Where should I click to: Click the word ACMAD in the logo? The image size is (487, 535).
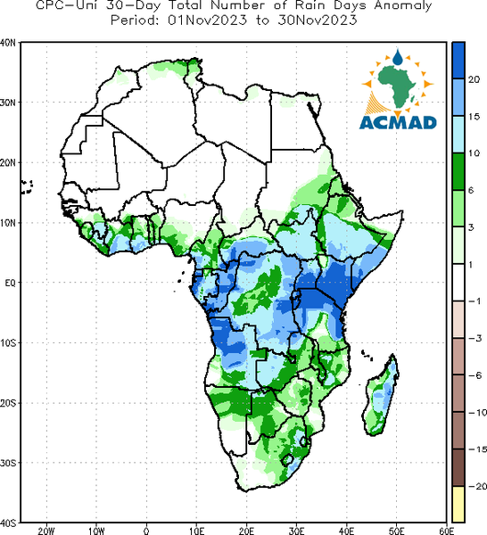398,122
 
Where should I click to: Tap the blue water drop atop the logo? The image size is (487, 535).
398,58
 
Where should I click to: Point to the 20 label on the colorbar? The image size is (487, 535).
474,80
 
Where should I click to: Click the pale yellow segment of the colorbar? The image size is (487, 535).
458,504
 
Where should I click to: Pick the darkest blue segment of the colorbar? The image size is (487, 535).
458,61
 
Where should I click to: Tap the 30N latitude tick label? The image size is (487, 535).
7,103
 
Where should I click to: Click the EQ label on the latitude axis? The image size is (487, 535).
10,283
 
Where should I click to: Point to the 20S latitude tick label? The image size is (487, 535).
7,403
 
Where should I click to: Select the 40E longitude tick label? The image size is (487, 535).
346,531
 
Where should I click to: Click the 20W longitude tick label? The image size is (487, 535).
46,531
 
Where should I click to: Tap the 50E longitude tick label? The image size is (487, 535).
396,531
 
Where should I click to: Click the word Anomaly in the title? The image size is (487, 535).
403,6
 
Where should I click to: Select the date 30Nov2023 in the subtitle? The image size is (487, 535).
318,21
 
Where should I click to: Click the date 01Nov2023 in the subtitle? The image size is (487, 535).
207,21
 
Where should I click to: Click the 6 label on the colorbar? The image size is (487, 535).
471,191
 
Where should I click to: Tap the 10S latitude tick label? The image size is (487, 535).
7,343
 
